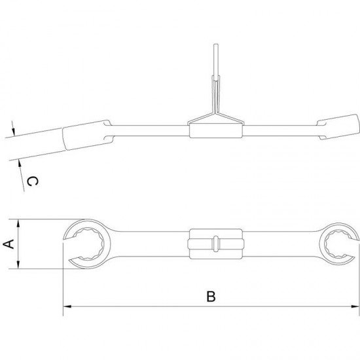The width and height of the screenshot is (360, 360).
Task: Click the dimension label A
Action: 9,244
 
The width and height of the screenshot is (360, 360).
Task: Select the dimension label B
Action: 211,297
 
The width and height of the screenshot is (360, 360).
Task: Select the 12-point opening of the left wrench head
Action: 86,243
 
